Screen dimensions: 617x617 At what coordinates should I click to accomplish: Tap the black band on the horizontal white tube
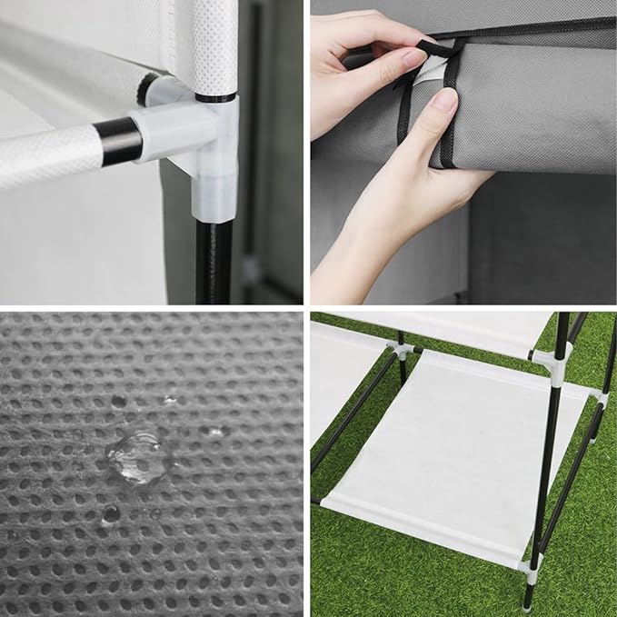(117, 141)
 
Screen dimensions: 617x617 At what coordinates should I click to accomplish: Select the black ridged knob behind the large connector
(147, 88)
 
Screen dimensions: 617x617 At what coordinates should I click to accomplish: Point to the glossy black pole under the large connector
(213, 260)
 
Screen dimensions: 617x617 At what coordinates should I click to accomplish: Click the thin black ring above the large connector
(215, 97)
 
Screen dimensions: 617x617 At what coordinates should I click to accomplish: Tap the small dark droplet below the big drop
(110, 513)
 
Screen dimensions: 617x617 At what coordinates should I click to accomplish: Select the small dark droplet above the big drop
(119, 401)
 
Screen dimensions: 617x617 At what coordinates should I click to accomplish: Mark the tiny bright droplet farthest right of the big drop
(214, 433)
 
